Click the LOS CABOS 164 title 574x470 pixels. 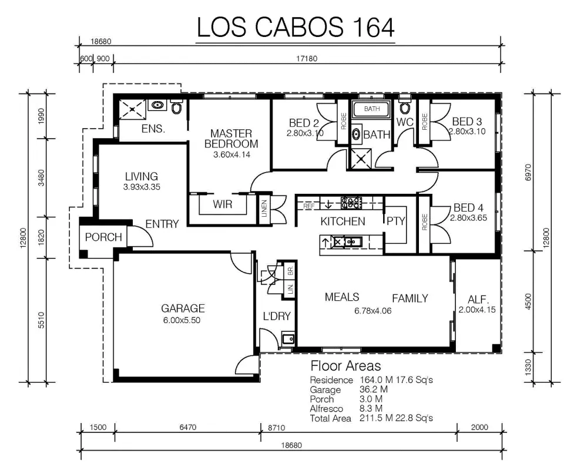[296, 27]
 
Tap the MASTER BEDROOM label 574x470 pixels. [231, 139]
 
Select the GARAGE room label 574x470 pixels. [183, 308]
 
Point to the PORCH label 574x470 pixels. [103, 237]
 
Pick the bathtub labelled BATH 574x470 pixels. [372, 109]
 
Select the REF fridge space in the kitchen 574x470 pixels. [308, 206]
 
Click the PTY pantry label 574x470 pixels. [396, 221]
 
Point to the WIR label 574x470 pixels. [222, 204]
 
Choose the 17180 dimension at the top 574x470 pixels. [307, 59]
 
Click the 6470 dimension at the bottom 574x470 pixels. [188, 427]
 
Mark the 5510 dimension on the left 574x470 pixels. [41, 320]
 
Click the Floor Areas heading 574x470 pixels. [345, 365]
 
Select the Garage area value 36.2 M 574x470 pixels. [374, 390]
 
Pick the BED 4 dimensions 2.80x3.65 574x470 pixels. [469, 218]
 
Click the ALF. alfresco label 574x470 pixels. [478, 300]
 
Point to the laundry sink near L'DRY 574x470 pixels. [288, 338]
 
